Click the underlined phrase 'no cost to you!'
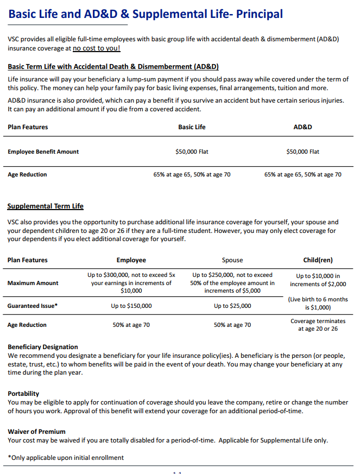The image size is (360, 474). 96,48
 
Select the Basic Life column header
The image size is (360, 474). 192,127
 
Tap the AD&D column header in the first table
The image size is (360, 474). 302,127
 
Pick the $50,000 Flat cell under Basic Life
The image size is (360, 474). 192,152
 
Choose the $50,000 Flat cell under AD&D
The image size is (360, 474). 302,152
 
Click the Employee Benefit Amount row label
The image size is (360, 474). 43,152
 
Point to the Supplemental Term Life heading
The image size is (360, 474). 45,206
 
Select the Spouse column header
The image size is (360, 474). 232,260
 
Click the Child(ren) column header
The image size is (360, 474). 318,260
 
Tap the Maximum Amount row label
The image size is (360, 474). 33,283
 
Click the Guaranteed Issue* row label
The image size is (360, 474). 33,306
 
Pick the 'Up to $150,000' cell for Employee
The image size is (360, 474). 131,306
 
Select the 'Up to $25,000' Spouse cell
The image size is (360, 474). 232,306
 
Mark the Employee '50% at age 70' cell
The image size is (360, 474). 131,325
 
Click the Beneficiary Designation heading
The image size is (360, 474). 43,347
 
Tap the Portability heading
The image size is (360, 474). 23,394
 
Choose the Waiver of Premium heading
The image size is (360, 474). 36,432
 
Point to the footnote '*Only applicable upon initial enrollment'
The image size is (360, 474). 66,458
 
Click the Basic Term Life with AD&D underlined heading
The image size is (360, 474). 113,67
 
